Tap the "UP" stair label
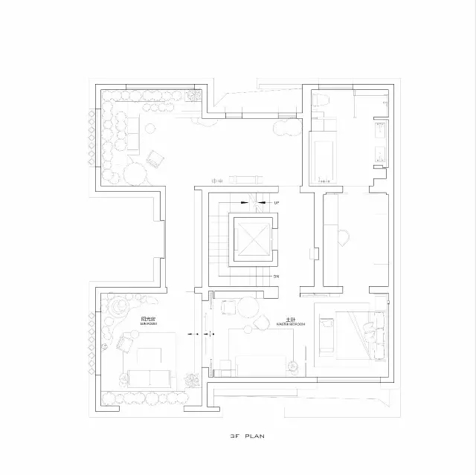(276, 202)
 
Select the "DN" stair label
(276, 276)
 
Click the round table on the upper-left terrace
(137, 175)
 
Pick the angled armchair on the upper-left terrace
(156, 158)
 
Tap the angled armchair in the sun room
(125, 343)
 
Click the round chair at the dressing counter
(344, 237)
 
